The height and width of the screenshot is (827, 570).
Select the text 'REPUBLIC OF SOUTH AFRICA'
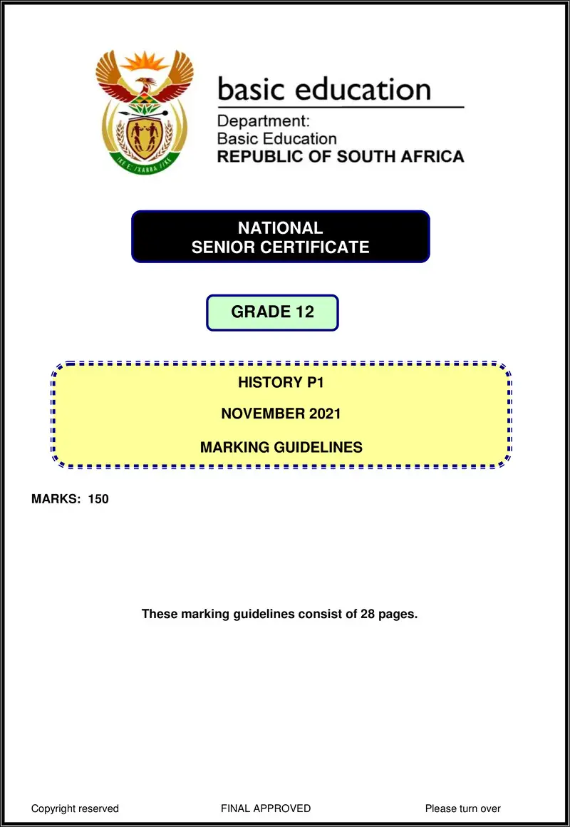(340, 156)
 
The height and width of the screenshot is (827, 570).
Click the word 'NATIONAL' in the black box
(280, 228)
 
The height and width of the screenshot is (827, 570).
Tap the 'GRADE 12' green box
(272, 312)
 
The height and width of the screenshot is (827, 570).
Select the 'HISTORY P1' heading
(281, 383)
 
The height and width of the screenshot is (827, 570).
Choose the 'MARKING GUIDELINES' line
(281, 448)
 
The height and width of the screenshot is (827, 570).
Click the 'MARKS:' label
(56, 499)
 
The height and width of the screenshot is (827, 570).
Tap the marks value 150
(98, 499)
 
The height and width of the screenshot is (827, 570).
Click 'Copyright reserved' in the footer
(75, 808)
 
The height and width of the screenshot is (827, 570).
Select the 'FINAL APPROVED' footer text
(266, 808)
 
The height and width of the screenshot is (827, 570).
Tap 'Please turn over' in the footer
(462, 808)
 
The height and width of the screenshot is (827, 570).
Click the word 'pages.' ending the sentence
(398, 614)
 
